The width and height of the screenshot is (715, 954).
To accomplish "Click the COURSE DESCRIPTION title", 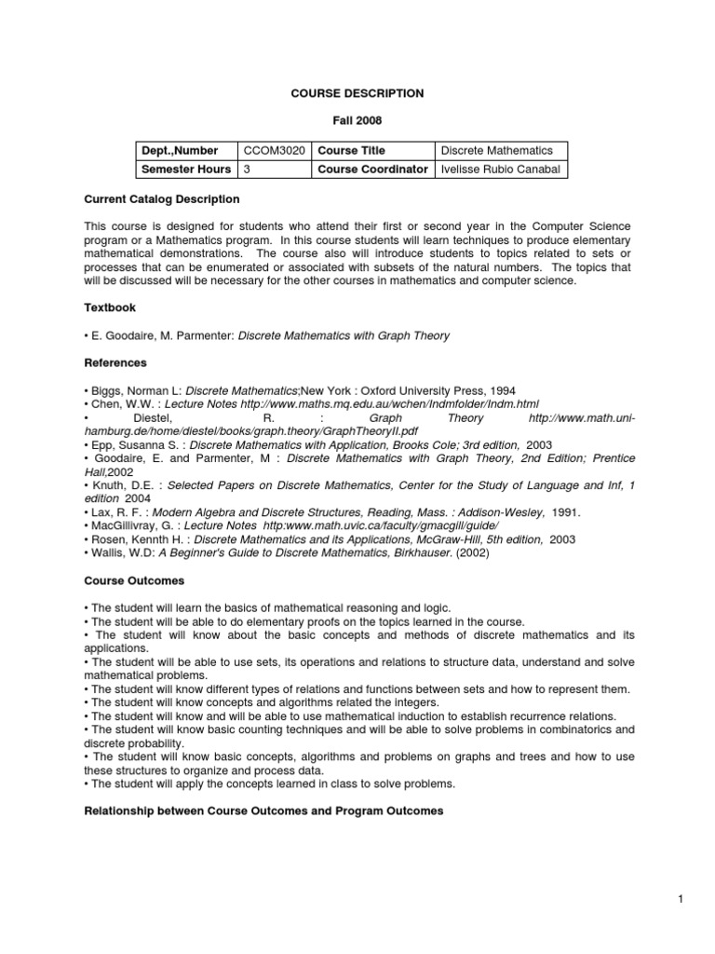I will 357,93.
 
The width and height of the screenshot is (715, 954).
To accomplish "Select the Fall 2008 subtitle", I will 357,121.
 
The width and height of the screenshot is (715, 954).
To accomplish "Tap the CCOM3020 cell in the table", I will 273,150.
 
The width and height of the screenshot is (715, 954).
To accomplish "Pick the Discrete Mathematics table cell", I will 496,150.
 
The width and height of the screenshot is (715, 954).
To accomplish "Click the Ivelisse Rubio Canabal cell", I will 500,170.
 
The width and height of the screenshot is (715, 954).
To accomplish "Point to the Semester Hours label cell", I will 185,170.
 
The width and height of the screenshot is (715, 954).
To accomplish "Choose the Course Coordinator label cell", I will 372,170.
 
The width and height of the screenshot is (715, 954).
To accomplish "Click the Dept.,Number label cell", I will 180,150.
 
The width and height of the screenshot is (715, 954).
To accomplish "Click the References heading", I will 115,362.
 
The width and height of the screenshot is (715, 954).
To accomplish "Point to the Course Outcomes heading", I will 134,580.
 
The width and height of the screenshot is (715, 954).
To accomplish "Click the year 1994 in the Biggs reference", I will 502,389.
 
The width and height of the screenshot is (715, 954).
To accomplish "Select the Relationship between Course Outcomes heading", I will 263,811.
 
